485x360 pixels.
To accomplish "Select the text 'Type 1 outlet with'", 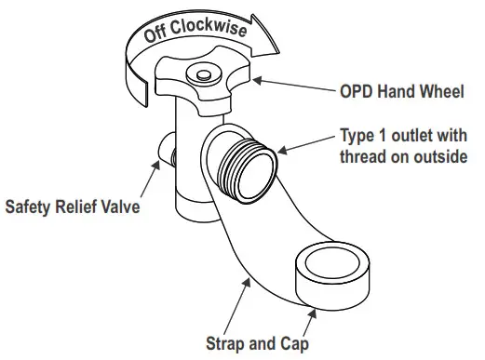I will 401,136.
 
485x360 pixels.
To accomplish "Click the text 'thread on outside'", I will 402,155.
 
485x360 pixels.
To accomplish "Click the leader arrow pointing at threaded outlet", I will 307,144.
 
